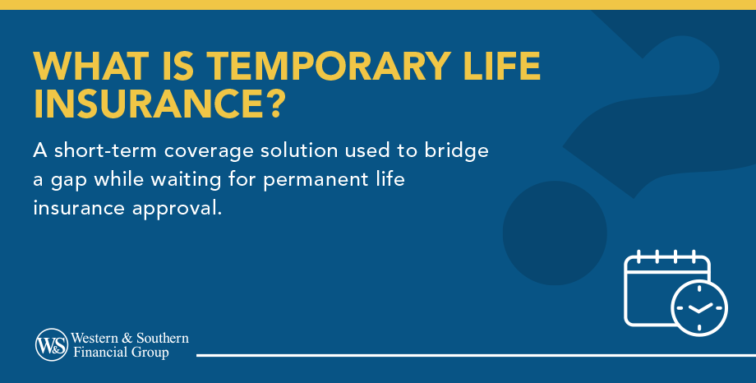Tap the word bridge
[x=456, y=152]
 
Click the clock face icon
[x=699, y=307]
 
